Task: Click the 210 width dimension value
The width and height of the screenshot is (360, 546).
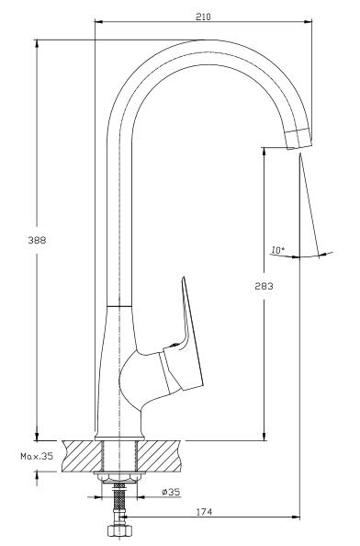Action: tap(203, 17)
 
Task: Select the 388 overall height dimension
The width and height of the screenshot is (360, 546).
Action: tap(37, 240)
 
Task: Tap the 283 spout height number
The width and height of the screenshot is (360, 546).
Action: tap(264, 286)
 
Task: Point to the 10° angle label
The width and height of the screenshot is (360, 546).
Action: tap(277, 250)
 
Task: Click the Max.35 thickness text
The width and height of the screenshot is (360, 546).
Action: tap(37, 456)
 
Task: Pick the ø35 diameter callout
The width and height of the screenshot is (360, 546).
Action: tap(171, 492)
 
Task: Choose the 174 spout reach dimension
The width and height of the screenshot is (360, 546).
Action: tap(204, 512)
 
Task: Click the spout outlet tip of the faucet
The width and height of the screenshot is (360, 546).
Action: tap(298, 139)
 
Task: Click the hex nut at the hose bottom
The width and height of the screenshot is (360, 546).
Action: tap(119, 530)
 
